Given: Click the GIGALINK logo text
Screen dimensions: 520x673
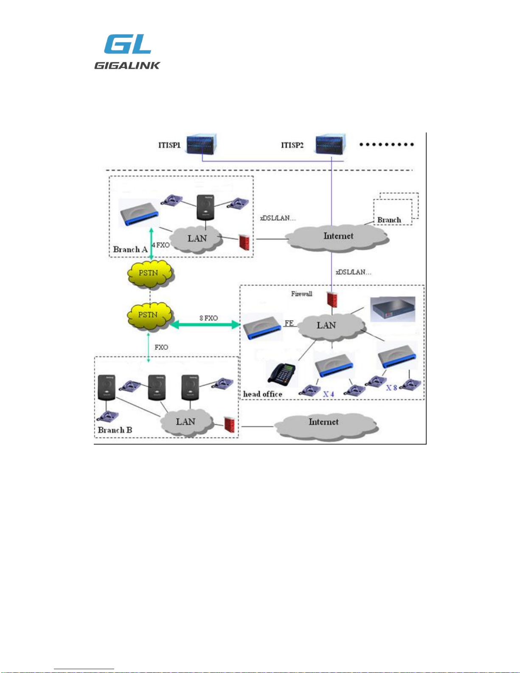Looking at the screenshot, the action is (x=127, y=65).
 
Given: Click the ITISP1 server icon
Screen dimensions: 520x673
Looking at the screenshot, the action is (x=202, y=144).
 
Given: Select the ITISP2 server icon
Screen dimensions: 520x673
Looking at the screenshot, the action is (x=331, y=144).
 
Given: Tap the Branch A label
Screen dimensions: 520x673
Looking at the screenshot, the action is (x=130, y=249).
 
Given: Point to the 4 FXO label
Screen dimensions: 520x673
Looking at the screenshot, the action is (x=160, y=245).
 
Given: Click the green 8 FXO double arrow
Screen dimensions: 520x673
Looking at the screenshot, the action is (x=205, y=324).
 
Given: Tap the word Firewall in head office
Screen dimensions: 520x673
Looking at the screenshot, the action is (x=301, y=293).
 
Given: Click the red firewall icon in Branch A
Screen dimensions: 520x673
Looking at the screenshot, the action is (x=244, y=242).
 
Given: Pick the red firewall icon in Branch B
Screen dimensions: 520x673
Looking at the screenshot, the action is (x=229, y=425).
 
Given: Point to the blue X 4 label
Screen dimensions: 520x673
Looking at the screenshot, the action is (x=329, y=394).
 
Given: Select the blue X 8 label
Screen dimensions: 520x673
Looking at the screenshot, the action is (x=391, y=387).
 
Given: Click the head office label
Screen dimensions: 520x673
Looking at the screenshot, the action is (x=262, y=394).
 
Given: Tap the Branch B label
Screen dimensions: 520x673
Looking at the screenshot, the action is (x=115, y=430).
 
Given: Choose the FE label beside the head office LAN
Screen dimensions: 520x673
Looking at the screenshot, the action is (x=289, y=323).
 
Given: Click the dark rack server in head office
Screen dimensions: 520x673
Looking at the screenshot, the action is (x=393, y=309).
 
